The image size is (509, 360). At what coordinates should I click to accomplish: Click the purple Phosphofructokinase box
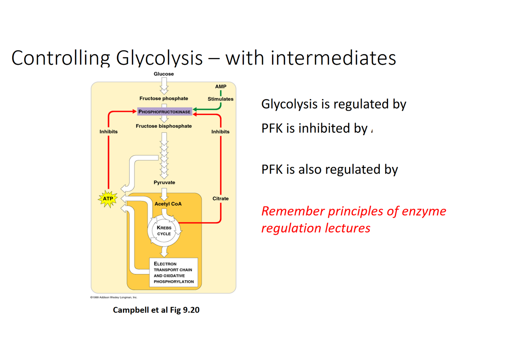coord(164,112)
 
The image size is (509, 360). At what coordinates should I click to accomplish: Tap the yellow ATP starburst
coord(108,199)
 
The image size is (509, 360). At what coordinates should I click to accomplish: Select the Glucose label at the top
coord(164,74)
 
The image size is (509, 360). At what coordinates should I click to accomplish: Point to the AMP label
coord(221,87)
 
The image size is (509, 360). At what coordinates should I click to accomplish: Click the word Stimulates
coord(221,99)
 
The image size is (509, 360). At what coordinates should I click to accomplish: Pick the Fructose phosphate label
coord(164,98)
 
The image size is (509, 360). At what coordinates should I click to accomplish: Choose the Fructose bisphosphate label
coord(164,126)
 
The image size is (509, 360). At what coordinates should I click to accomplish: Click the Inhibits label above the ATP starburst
coord(108,132)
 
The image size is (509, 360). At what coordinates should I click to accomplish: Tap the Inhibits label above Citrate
coord(221,132)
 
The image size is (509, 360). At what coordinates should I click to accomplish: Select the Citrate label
coord(221,199)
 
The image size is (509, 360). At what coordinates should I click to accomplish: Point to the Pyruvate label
coord(164,182)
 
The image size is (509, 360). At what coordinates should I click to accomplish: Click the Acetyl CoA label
coord(168,204)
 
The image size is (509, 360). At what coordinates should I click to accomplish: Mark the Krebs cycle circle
coord(164,231)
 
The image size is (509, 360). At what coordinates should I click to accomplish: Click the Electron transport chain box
coord(174,273)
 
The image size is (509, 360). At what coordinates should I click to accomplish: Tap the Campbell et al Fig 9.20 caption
coord(156,310)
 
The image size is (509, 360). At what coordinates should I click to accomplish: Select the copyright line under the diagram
coord(114,297)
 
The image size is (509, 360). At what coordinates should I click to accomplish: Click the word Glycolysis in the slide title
coord(159,58)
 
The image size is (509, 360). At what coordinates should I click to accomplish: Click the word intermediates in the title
coord(333,58)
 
